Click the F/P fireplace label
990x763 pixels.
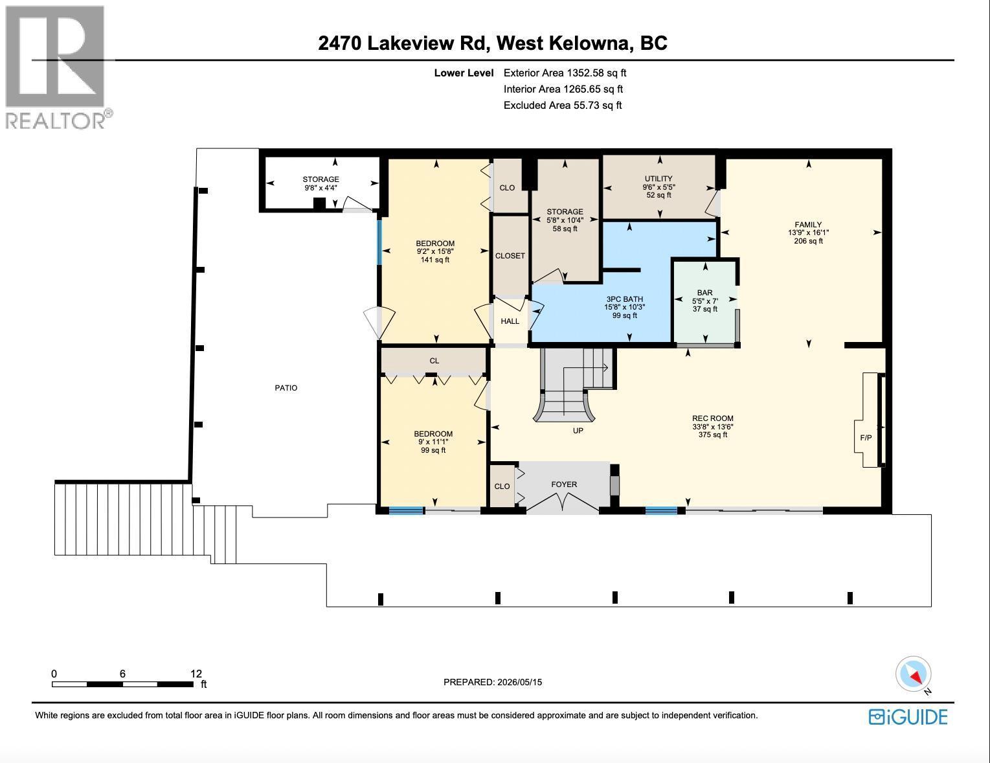click(866, 438)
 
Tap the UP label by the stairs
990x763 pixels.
click(578, 431)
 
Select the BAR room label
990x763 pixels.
click(705, 293)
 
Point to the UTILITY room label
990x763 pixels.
click(658, 179)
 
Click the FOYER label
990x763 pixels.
click(564, 484)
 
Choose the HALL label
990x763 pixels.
click(510, 321)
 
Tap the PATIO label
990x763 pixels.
click(286, 387)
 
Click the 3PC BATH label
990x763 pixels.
click(625, 299)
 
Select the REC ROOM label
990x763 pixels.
click(712, 418)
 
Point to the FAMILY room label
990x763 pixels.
click(808, 224)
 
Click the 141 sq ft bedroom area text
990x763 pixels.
click(435, 260)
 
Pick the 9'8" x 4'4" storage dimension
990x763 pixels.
click(321, 188)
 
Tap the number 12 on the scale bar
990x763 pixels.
click(196, 673)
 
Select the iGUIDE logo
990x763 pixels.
click(908, 717)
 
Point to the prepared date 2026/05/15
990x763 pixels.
click(519, 682)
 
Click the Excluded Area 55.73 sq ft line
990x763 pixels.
click(563, 105)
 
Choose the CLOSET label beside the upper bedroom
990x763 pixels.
click(510, 256)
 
